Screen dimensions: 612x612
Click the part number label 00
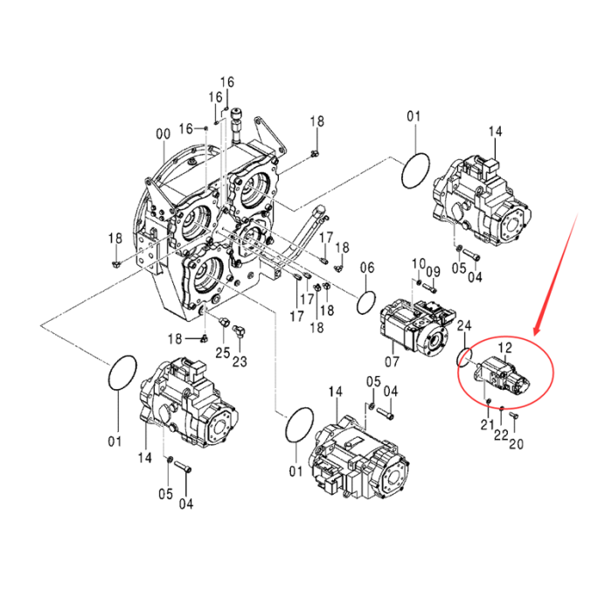tap(163, 134)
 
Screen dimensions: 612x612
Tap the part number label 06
tap(366, 268)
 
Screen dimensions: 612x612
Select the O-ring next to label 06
tap(368, 303)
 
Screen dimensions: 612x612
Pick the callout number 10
tap(417, 264)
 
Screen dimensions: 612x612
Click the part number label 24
tap(464, 326)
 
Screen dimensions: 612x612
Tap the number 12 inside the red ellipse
tap(505, 348)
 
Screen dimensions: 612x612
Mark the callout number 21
tap(487, 424)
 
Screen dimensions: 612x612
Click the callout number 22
tap(501, 435)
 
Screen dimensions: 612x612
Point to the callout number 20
tap(516, 442)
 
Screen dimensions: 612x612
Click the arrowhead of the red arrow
tap(536, 333)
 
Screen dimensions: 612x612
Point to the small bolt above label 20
tap(513, 418)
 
